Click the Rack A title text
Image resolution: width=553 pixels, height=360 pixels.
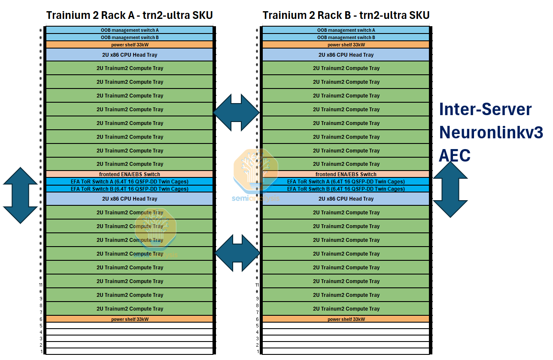(x=129, y=15)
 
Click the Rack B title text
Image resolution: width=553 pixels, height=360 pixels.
(x=346, y=15)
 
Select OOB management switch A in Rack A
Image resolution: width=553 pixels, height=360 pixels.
(x=129, y=30)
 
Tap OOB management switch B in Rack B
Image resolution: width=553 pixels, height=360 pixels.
(x=346, y=37)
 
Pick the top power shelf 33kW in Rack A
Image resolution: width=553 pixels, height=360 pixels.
(x=129, y=45)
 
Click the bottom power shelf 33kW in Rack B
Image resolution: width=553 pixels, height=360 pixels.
(x=346, y=319)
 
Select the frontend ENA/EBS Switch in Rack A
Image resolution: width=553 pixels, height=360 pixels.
(x=129, y=174)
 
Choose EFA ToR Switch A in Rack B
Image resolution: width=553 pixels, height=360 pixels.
(x=346, y=182)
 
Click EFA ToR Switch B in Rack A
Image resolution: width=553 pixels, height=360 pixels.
(x=129, y=189)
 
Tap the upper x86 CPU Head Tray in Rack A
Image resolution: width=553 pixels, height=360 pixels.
(x=129, y=55)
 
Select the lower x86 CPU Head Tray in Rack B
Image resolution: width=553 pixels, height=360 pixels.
(x=346, y=199)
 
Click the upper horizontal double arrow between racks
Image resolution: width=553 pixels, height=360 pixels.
(x=237, y=112)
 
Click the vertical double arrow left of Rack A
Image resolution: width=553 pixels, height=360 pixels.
(x=20, y=195)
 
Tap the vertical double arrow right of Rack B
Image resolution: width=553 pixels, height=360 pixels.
(x=450, y=189)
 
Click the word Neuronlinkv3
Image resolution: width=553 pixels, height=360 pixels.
(x=491, y=132)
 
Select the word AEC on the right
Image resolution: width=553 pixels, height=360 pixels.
(x=454, y=156)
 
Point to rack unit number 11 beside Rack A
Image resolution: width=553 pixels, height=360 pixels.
(x=41, y=285)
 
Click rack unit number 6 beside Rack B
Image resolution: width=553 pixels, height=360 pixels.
(x=258, y=319)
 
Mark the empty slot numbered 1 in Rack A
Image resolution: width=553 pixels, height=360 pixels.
(x=129, y=351)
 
